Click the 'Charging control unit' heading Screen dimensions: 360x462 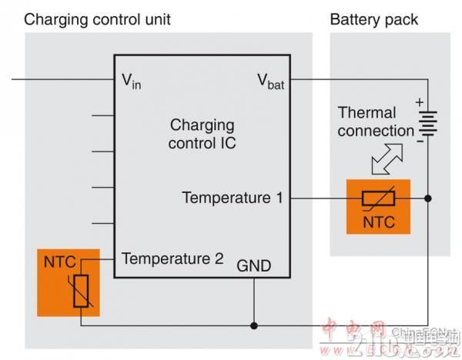pyautogui.click(x=98, y=18)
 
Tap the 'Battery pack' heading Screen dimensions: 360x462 pyautogui.click(x=374, y=18)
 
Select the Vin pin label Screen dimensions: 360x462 pyautogui.click(x=132, y=79)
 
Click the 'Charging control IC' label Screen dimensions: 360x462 pyautogui.click(x=202, y=134)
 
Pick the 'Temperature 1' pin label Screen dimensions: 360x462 pyautogui.click(x=233, y=198)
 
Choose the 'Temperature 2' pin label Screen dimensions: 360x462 pyautogui.click(x=172, y=258)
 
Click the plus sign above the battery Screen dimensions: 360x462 pyautogui.click(x=419, y=101)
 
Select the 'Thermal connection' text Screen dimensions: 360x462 pyautogui.click(x=376, y=122)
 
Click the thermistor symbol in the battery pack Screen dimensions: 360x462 pyautogui.click(x=378, y=198)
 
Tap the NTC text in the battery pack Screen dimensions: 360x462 pyautogui.click(x=378, y=224)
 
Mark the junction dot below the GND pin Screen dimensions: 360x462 pyautogui.click(x=254, y=325)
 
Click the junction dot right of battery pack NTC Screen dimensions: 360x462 pyautogui.click(x=428, y=198)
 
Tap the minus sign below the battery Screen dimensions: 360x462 pyautogui.click(x=419, y=142)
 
